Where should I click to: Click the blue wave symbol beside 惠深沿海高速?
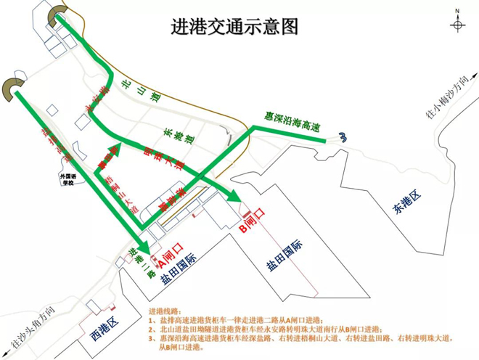pos(343,136)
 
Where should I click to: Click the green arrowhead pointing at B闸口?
pos(234,196)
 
